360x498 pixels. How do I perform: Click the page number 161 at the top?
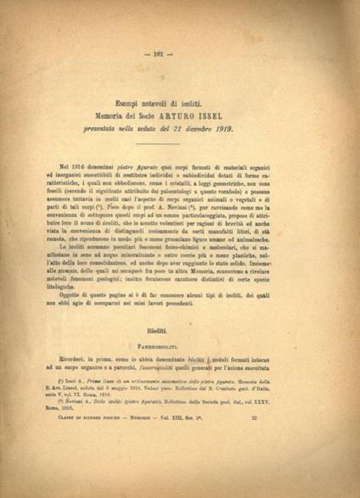point(180,53)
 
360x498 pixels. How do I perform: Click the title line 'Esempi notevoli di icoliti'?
point(179,103)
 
